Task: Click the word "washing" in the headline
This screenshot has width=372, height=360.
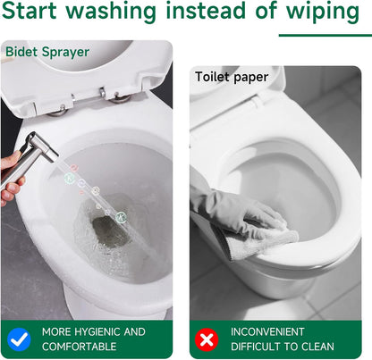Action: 111,12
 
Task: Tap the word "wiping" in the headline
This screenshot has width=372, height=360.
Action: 323,12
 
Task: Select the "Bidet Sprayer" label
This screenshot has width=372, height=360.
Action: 47,52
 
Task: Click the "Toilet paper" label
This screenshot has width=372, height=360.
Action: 232,77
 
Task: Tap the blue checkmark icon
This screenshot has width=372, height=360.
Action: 19,339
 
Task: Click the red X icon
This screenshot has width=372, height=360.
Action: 207,339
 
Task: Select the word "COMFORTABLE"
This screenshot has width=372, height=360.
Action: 79,347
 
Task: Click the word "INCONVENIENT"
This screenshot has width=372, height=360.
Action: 267,331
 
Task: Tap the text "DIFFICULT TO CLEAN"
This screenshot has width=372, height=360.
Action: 283,347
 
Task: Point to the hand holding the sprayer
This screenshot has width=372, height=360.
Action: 11,179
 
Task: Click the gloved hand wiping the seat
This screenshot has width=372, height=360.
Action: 239,208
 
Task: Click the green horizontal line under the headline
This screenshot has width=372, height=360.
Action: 325,36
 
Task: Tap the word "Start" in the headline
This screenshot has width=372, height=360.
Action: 29,11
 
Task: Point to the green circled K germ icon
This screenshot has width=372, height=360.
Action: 121,217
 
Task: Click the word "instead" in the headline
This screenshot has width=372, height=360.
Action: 206,11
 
